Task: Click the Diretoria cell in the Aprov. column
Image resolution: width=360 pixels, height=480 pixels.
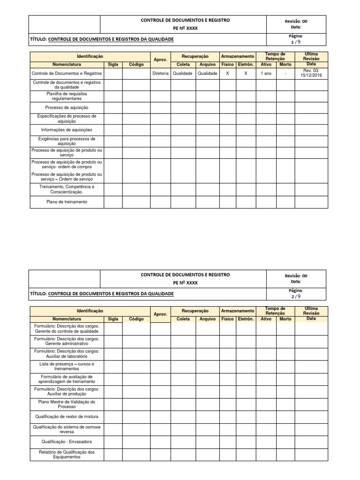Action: coord(160,74)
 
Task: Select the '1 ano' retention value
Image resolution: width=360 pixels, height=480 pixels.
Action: coord(266,74)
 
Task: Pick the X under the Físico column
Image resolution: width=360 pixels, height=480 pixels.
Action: coord(227,74)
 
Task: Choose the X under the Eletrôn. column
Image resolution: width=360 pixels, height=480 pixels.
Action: coord(246,74)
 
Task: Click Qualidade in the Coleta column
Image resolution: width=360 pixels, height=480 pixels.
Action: coord(182,74)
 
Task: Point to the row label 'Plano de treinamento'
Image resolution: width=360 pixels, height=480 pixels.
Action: coord(67,202)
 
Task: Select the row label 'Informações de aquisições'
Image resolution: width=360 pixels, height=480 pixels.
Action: coord(67,130)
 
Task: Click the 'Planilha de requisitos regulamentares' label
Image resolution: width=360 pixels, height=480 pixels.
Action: coord(67,96)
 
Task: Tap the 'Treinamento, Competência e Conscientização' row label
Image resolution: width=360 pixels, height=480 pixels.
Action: coord(67,189)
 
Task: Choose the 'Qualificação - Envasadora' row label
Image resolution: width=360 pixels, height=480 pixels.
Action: coord(67,442)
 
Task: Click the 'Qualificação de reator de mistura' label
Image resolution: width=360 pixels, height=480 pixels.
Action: coord(67,416)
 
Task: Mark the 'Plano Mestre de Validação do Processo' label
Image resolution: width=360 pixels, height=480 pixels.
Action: coord(67,404)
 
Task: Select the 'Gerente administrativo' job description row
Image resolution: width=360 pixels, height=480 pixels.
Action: coord(67,341)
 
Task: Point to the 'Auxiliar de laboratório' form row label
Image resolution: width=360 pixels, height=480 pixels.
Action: coord(67,353)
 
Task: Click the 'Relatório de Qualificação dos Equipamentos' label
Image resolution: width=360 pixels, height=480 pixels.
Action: coord(67,454)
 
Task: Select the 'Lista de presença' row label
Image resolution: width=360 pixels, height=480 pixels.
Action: coord(67,366)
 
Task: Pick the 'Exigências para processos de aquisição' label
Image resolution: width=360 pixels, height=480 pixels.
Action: coord(67,141)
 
